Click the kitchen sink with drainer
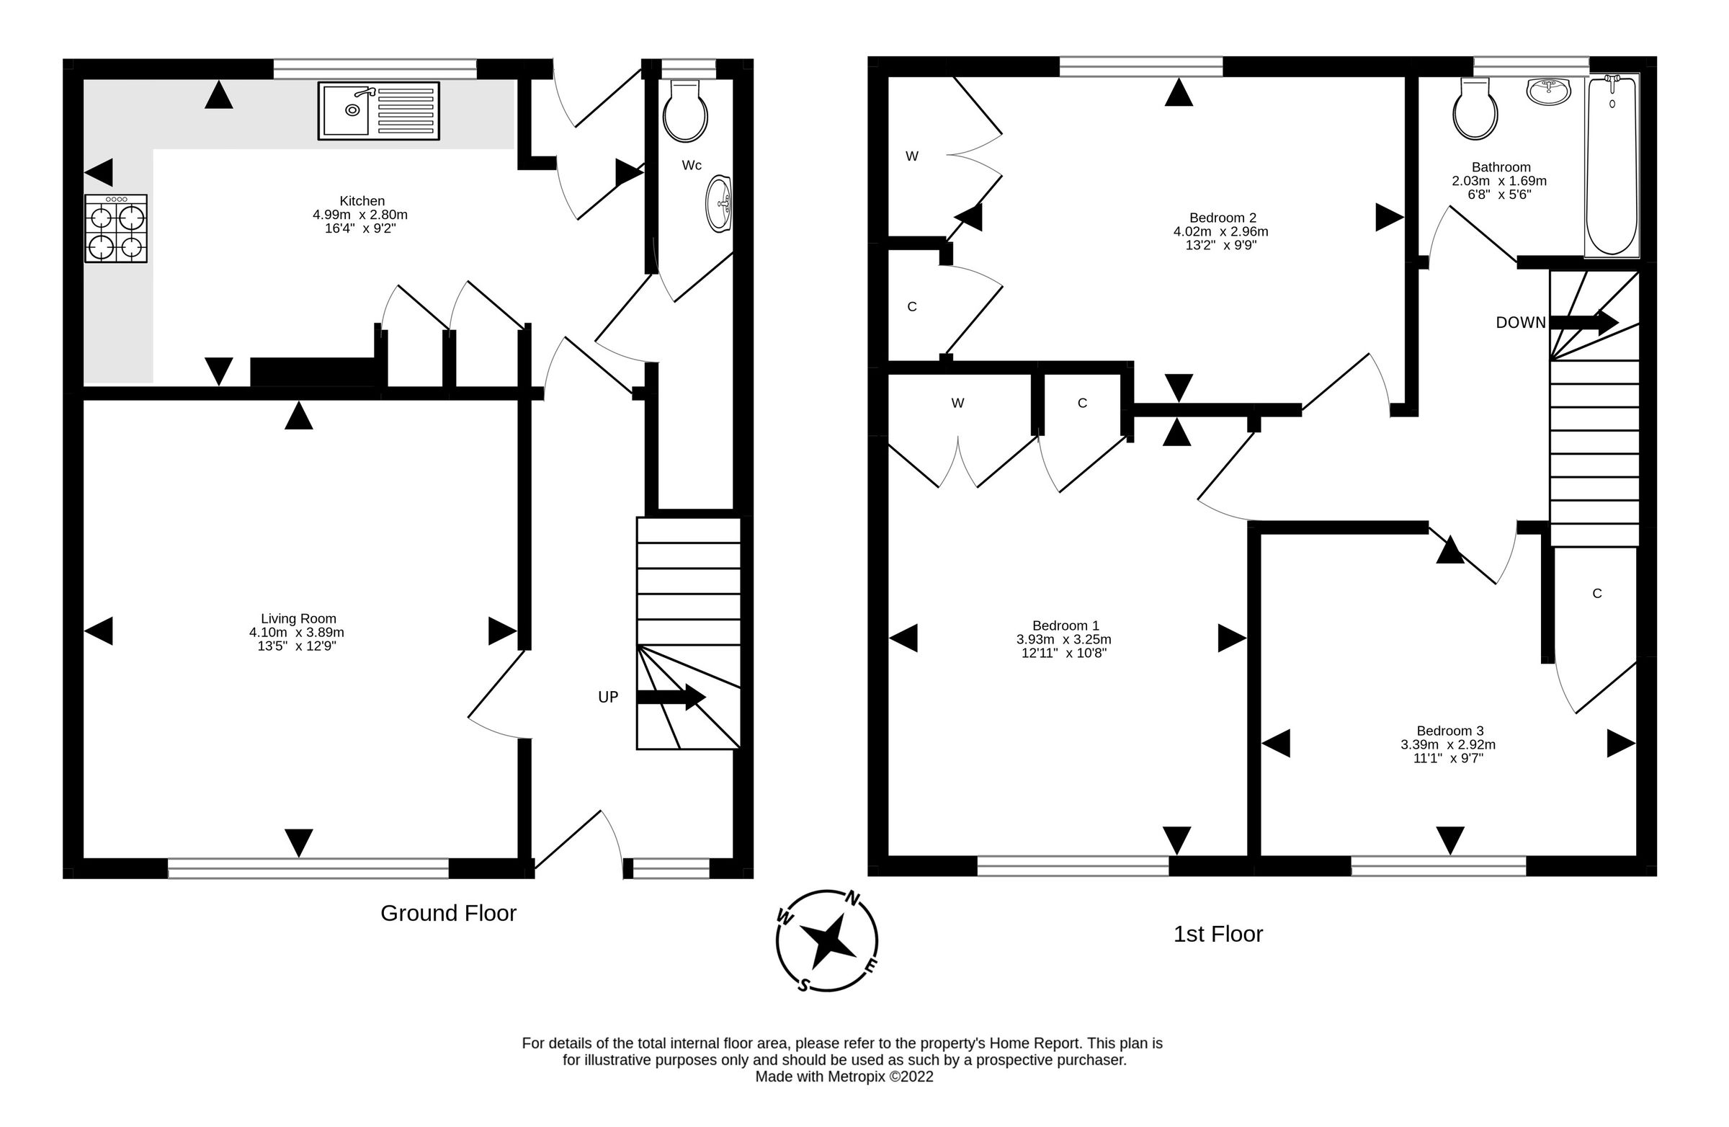click(x=378, y=110)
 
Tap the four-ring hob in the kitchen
click(x=115, y=228)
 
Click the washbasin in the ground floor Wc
click(x=719, y=202)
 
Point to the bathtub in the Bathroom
click(x=1612, y=166)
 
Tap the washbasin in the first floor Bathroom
click(x=1549, y=91)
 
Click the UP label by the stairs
click(x=608, y=698)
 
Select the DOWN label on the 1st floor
click(x=1521, y=323)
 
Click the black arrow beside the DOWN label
click(x=1583, y=323)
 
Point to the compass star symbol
click(x=827, y=941)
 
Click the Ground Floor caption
click(x=448, y=914)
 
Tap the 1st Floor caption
click(x=1218, y=935)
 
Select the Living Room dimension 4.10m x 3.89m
click(x=296, y=633)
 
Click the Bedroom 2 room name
click(x=1223, y=218)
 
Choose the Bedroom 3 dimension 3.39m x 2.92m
click(x=1448, y=745)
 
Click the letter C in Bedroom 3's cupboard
click(x=1596, y=594)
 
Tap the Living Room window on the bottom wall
click(x=308, y=868)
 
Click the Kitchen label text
click(x=362, y=201)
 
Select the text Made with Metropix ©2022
click(x=844, y=1077)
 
